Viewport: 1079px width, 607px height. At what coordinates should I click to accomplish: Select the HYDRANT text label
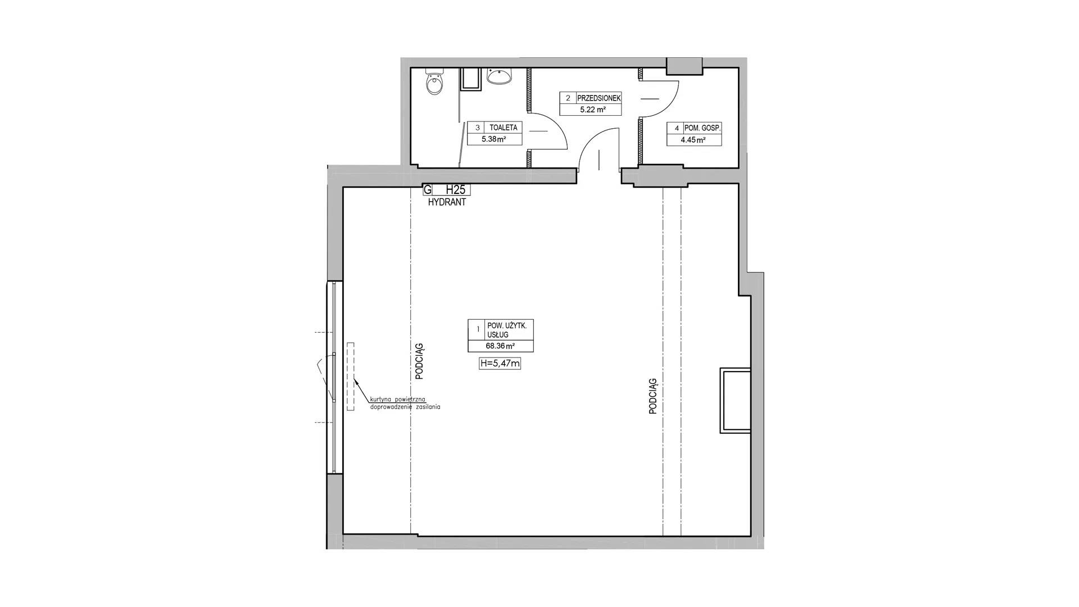pyautogui.click(x=447, y=202)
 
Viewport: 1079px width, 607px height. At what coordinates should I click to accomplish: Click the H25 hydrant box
pyautogui.click(x=447, y=190)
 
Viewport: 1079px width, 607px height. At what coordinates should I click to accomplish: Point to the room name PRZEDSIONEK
pyautogui.click(x=599, y=98)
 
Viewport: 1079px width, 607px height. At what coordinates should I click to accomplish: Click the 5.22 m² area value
pyautogui.click(x=592, y=110)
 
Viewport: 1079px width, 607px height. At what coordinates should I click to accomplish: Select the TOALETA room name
pyautogui.click(x=503, y=128)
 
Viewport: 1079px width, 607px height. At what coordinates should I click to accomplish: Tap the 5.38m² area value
pyautogui.click(x=493, y=139)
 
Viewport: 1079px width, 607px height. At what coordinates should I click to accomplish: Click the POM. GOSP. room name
pyautogui.click(x=702, y=128)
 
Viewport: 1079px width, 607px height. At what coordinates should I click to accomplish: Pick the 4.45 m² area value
pyautogui.click(x=693, y=141)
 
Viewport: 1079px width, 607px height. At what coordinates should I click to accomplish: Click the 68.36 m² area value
pyautogui.click(x=500, y=347)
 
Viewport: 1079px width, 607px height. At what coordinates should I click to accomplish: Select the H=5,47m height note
pyautogui.click(x=500, y=364)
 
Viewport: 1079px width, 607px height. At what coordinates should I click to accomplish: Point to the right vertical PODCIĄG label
pyautogui.click(x=652, y=396)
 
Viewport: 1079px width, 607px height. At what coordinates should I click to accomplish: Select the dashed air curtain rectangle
pyautogui.click(x=351, y=376)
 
